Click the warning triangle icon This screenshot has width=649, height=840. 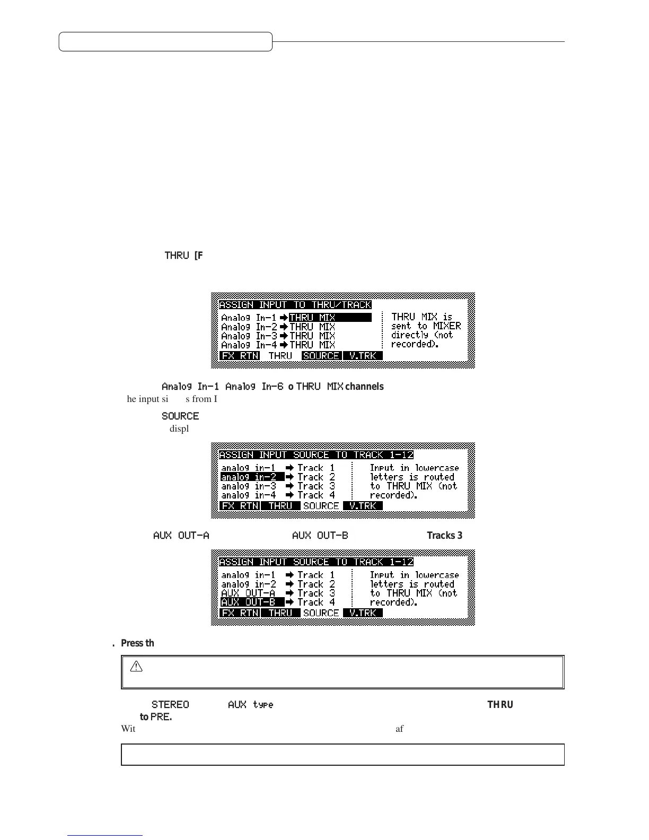[x=136, y=667]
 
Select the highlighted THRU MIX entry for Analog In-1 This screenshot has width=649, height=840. [x=330, y=318]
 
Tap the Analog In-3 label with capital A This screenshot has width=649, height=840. [x=249, y=336]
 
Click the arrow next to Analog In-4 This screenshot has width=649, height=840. [x=284, y=345]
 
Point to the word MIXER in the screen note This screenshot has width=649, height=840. [x=447, y=326]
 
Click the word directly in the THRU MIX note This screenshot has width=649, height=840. [x=409, y=335]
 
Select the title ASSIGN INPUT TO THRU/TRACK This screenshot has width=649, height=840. [x=295, y=305]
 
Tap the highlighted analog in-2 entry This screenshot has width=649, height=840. [x=252, y=477]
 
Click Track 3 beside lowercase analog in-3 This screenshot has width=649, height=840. [x=316, y=486]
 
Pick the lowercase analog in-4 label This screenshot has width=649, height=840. [x=249, y=495]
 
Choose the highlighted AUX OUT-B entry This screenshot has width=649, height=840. [x=252, y=602]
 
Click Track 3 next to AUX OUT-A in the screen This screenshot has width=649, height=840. [x=316, y=593]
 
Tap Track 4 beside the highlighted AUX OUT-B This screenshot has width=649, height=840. [x=316, y=602]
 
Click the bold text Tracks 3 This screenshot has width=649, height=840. [x=444, y=536]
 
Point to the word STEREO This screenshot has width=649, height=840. [x=170, y=705]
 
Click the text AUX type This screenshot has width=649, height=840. [x=250, y=705]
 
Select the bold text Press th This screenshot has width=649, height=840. [x=137, y=643]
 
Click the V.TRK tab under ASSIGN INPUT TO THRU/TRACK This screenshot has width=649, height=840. [x=363, y=356]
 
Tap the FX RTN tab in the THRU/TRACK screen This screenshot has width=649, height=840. [x=240, y=356]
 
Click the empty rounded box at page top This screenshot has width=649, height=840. [x=165, y=41]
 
